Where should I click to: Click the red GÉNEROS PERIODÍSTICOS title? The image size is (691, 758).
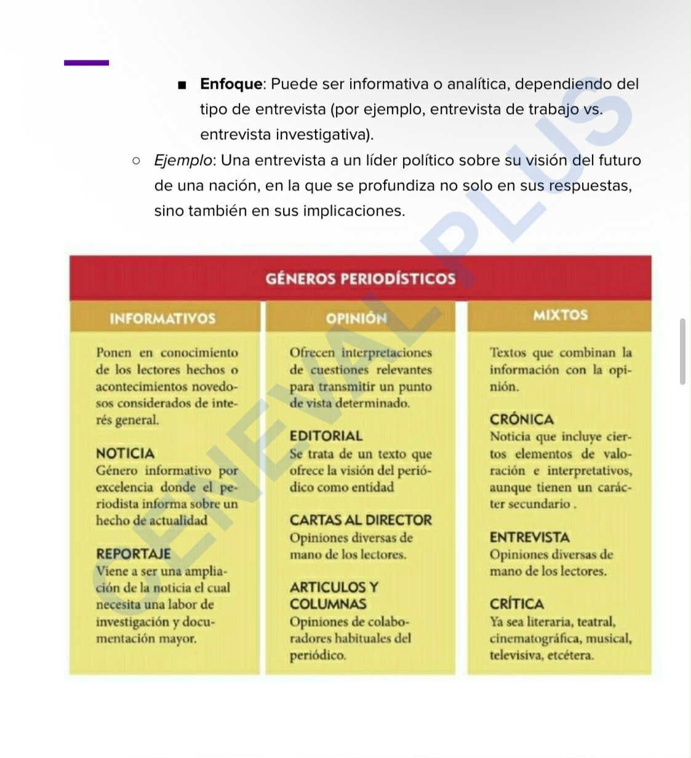pyautogui.click(x=361, y=278)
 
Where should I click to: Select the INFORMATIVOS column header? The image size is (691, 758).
pyautogui.click(x=162, y=318)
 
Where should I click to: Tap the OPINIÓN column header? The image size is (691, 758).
pyautogui.click(x=356, y=318)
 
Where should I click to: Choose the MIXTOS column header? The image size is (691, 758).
pyautogui.click(x=560, y=315)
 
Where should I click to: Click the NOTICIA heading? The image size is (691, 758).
pyautogui.click(x=125, y=453)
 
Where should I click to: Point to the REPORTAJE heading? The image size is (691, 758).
pyautogui.click(x=133, y=554)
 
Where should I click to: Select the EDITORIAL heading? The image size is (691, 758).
pyautogui.click(x=326, y=436)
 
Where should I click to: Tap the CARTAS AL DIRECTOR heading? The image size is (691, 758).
pyautogui.click(x=361, y=520)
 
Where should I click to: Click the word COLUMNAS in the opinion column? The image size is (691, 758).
pyautogui.click(x=328, y=603)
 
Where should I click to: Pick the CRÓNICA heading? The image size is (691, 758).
pyautogui.click(x=521, y=419)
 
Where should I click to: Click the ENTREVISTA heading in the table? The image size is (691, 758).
pyautogui.click(x=529, y=537)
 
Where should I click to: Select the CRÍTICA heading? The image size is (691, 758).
pyautogui.click(x=516, y=603)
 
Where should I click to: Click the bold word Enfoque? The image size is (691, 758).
pyautogui.click(x=231, y=84)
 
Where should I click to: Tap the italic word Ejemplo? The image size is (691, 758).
pyautogui.click(x=183, y=160)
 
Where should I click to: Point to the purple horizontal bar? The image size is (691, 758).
pyautogui.click(x=86, y=62)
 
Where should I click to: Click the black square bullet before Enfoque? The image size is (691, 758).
pyautogui.click(x=182, y=85)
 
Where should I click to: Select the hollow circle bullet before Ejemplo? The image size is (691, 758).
pyautogui.click(x=136, y=161)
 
